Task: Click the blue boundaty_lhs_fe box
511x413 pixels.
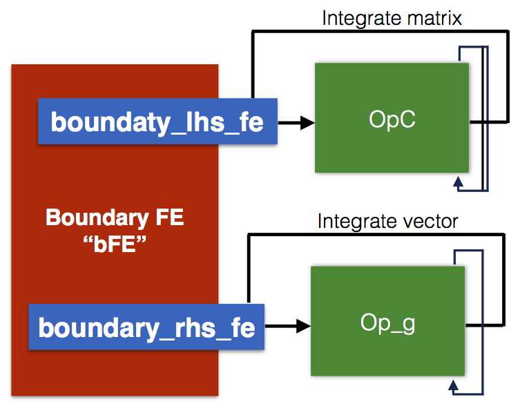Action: pyautogui.click(x=157, y=121)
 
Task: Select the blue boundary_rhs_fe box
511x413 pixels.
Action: pyautogui.click(x=146, y=327)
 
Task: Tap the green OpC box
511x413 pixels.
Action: pyautogui.click(x=392, y=117)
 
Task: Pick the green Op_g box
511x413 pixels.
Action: pyautogui.click(x=387, y=321)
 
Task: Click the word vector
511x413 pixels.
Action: pyautogui.click(x=430, y=222)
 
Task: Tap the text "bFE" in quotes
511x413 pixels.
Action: pyautogui.click(x=115, y=244)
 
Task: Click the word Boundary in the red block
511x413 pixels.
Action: pyautogui.click(x=97, y=218)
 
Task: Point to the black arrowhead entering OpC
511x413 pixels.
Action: pyautogui.click(x=307, y=122)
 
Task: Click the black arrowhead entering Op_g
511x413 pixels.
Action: pyautogui.click(x=303, y=326)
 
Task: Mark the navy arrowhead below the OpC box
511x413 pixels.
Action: pyautogui.click(x=459, y=182)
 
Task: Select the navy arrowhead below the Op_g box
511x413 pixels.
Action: pyautogui.click(x=453, y=385)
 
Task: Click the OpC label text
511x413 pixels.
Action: pyautogui.click(x=392, y=119)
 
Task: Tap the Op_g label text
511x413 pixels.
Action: pyautogui.click(x=388, y=323)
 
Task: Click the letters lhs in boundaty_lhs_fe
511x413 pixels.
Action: pyautogui.click(x=205, y=122)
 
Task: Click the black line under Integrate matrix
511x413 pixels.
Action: pyautogui.click(x=380, y=31)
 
